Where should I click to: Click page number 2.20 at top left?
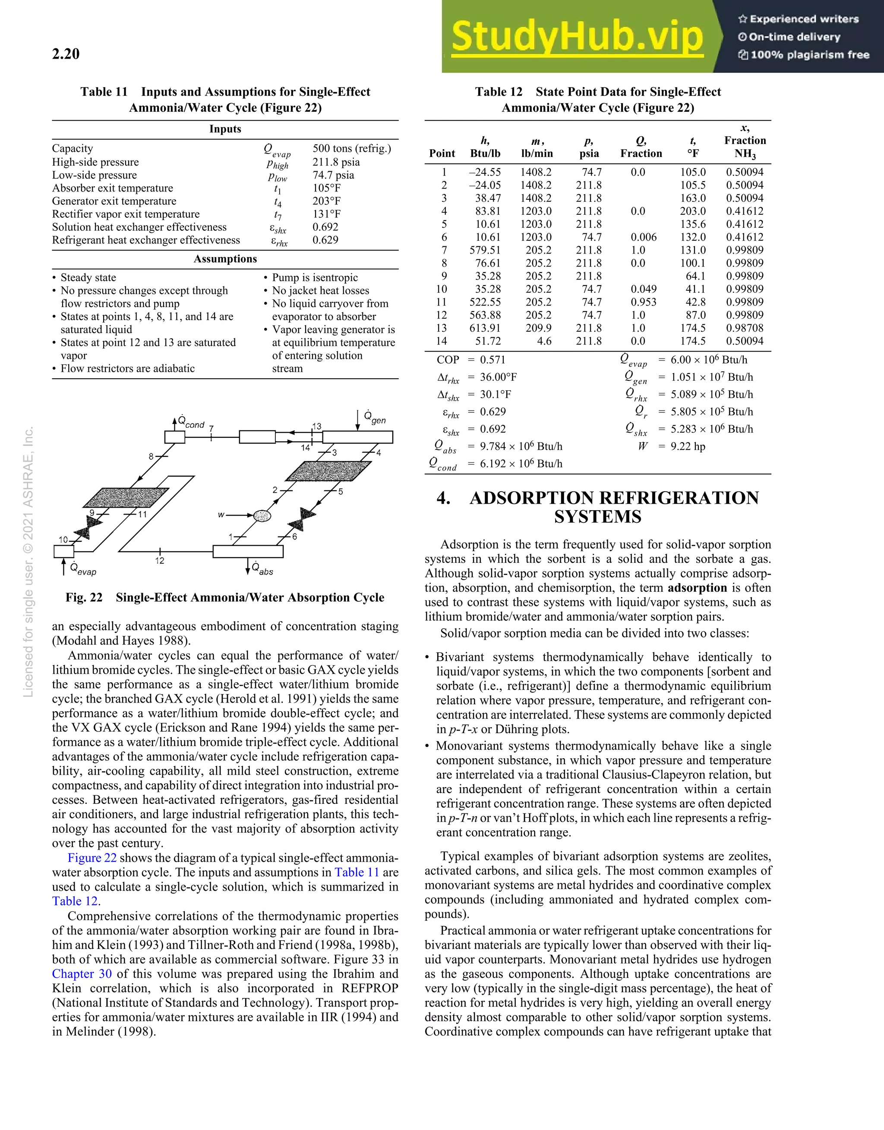point(66,54)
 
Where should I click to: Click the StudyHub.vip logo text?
point(576,37)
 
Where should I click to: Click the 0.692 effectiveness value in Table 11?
point(325,226)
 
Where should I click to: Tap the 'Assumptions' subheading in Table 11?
point(225,259)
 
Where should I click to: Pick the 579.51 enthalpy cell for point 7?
point(485,250)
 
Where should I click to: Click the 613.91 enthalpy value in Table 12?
point(485,328)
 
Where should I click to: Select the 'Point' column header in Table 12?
point(442,153)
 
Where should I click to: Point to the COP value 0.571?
point(492,360)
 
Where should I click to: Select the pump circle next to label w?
point(262,515)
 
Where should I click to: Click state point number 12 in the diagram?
point(160,561)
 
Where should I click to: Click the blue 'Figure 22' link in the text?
point(92,858)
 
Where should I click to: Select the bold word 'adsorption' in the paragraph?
point(697,588)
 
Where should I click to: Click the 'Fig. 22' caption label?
point(84,598)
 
